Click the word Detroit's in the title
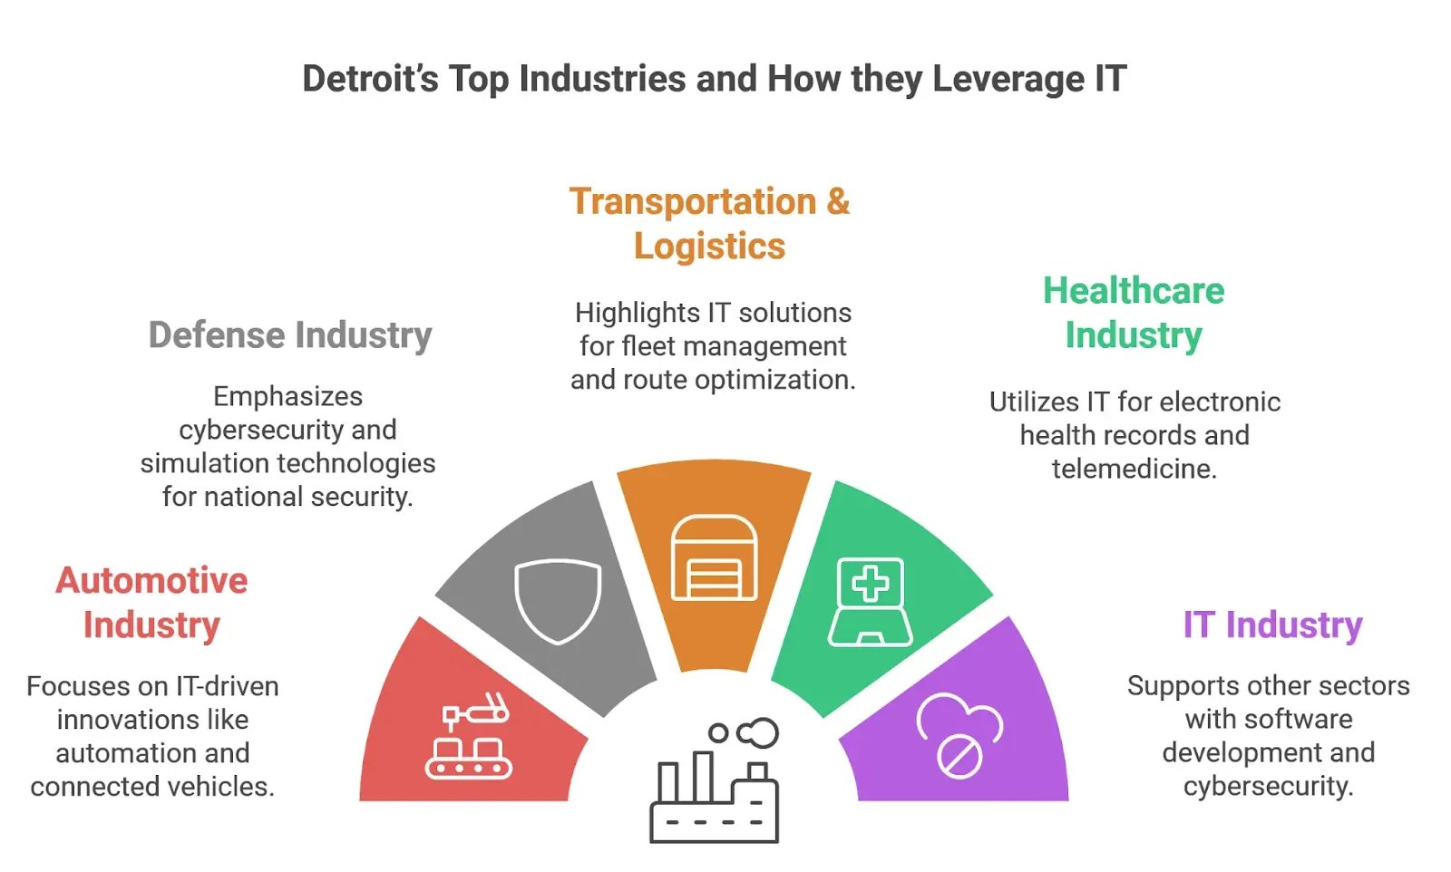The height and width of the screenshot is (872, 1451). pyautogui.click(x=371, y=79)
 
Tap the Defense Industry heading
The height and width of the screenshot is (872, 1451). pyautogui.click(x=290, y=335)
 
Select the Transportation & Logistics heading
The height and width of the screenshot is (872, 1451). pyautogui.click(x=710, y=223)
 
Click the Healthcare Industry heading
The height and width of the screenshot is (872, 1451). pyautogui.click(x=1134, y=313)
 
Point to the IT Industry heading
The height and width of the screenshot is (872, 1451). pyautogui.click(x=1273, y=625)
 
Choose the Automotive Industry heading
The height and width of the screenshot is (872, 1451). pyautogui.click(x=151, y=603)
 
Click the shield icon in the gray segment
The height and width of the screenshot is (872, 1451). pyautogui.click(x=558, y=601)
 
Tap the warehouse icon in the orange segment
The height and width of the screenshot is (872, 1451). pyautogui.click(x=714, y=557)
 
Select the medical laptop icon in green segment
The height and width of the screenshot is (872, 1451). pyautogui.click(x=870, y=602)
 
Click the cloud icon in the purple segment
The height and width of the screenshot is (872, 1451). pyautogui.click(x=959, y=735)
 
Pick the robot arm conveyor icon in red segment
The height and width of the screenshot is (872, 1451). pyautogui.click(x=468, y=735)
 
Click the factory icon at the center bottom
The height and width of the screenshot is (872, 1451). pyautogui.click(x=715, y=780)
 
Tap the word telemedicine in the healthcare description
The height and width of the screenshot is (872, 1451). pyautogui.click(x=1135, y=469)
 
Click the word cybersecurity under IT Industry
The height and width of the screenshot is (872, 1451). pyautogui.click(x=1268, y=787)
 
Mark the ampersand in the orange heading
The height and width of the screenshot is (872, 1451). pyautogui.click(x=838, y=201)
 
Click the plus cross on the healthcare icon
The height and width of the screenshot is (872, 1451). pyautogui.click(x=870, y=583)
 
